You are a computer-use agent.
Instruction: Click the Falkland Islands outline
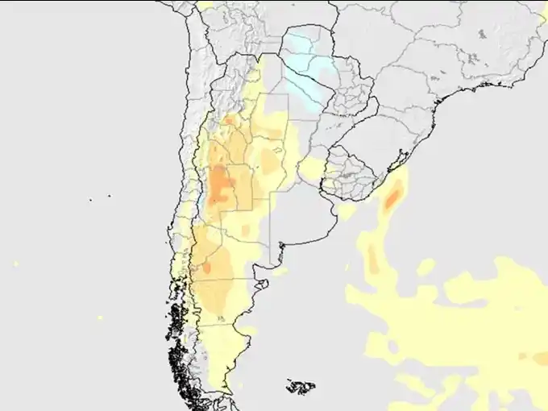click(301, 388)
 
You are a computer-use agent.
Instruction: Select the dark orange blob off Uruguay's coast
click(394, 196)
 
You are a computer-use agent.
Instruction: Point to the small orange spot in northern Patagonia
click(207, 267)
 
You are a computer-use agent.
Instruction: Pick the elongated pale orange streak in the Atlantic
click(372, 256)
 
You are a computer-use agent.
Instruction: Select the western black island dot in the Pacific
click(90, 199)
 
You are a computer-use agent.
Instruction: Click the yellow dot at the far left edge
click(15, 264)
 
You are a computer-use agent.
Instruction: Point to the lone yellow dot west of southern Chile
click(100, 317)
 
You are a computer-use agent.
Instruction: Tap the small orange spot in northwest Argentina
click(230, 121)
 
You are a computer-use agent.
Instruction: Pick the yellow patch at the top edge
click(208, 4)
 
